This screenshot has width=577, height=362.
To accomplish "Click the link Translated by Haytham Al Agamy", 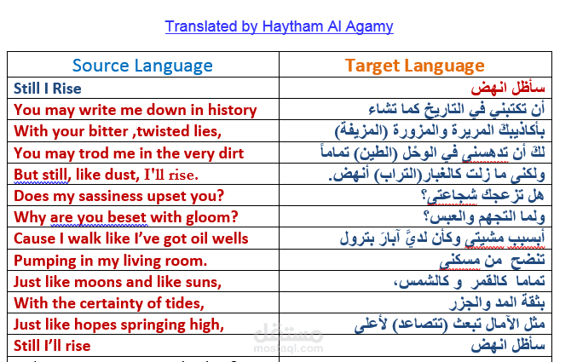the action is pos(279,26).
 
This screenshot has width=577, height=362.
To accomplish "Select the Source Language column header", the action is pos(142,66).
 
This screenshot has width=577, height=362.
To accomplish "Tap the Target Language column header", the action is pos(415,66).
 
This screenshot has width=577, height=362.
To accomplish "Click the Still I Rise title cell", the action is pos(48,89).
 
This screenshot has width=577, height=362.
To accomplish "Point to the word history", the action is pos(232,110).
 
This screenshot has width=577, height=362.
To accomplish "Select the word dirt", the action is pos(231,153).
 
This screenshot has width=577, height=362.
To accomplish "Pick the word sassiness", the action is pos(111,196).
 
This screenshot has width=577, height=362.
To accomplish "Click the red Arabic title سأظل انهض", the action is pos(508,88).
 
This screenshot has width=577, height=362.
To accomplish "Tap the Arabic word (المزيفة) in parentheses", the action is pos(361,130).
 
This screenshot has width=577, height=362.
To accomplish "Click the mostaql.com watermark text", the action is pos(288,348).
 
